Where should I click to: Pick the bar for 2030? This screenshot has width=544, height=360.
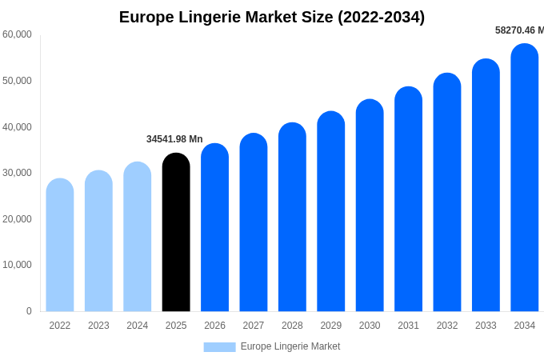370,206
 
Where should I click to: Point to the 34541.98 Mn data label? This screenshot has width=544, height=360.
174,139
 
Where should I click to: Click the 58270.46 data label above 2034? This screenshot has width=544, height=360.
518,30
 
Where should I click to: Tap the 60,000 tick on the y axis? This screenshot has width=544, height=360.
17,34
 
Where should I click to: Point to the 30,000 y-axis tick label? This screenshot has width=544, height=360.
17,173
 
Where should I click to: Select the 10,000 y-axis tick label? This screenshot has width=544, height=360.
17,265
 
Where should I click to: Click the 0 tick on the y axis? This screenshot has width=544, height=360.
29,311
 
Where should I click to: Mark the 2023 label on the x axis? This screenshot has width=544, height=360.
98,326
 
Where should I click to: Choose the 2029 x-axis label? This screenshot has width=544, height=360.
331,326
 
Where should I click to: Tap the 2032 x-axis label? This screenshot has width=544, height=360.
447,326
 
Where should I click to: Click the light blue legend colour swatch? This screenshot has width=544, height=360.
219,347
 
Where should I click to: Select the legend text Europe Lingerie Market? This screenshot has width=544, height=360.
290,346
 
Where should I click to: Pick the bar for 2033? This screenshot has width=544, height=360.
486,185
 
